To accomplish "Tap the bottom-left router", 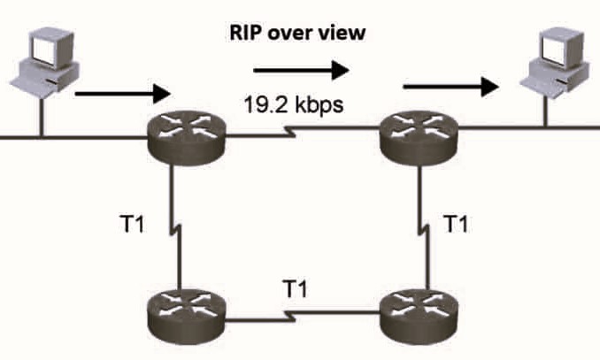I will [187, 312].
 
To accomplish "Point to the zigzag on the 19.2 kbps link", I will [291, 137].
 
